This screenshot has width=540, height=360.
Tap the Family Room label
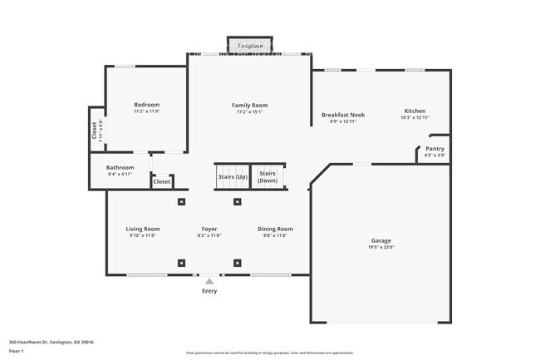click(249, 106)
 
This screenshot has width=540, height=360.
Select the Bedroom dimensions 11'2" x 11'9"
click(146, 112)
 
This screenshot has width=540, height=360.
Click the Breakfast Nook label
click(343, 115)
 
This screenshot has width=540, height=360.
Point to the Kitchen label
click(415, 111)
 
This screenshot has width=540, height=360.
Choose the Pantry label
click(434, 149)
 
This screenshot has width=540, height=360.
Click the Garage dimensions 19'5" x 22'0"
click(380, 247)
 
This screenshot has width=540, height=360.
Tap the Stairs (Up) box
click(232, 177)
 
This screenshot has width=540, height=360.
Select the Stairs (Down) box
click(268, 177)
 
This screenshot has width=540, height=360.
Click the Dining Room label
click(275, 229)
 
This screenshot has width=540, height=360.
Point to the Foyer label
click(209, 229)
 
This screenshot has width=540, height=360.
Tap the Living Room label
click(143, 229)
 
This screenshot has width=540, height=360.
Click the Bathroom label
click(120, 167)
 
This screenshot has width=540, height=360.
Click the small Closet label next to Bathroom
click(161, 181)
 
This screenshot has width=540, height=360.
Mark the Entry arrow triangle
click(209, 282)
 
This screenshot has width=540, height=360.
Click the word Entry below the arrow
click(209, 291)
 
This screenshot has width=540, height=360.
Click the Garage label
click(380, 240)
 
